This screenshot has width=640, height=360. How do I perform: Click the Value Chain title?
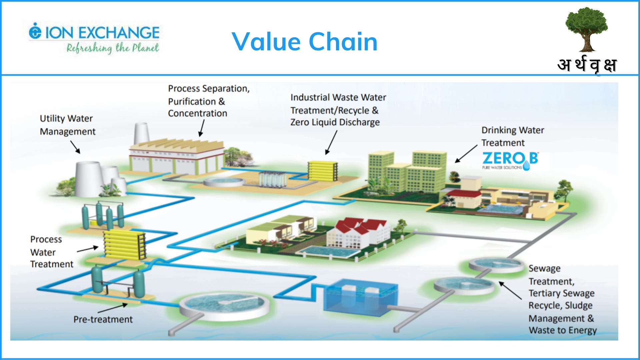304,42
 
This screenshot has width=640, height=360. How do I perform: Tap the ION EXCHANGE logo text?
102,33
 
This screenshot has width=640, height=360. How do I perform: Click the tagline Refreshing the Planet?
112,48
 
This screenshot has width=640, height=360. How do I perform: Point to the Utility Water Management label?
67,125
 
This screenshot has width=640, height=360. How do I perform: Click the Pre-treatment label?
103,319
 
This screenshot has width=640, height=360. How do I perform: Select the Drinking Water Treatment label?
512,136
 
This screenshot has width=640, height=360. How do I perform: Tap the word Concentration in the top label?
197,113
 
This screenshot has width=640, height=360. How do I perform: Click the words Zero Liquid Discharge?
335,122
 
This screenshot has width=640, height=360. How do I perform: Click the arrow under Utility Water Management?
75,147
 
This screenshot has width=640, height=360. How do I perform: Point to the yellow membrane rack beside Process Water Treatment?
124,245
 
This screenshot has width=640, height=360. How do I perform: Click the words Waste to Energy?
562,330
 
